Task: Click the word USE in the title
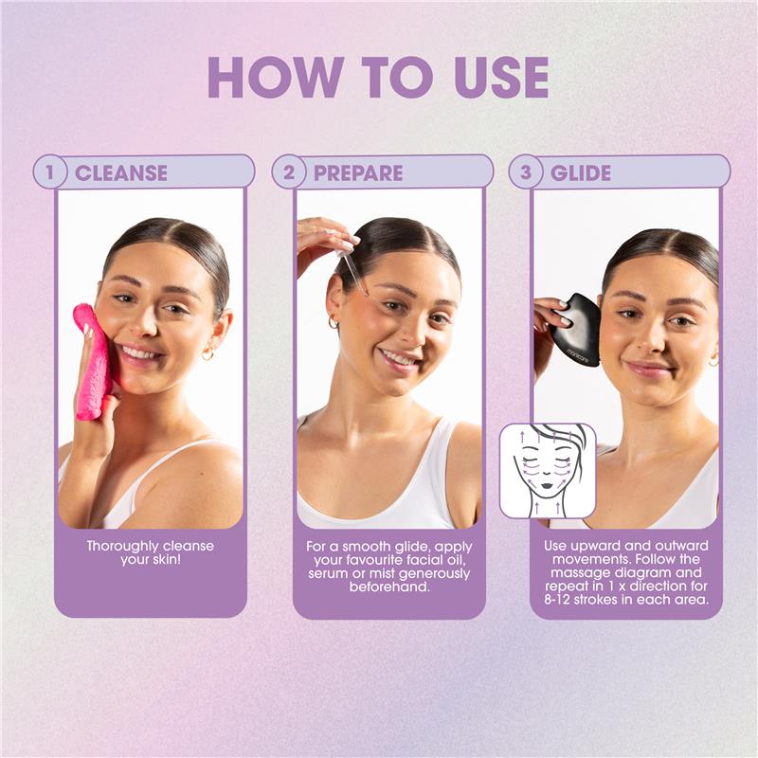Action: pos(501,78)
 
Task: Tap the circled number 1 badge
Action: pos(49,172)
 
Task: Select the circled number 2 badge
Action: pos(289,172)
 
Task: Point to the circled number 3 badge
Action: pos(526,172)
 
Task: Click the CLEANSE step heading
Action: pos(121,173)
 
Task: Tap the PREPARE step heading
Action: pos(358,173)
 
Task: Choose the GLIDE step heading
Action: pos(581,173)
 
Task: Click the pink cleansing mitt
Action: pos(93,361)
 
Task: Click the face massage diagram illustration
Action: pos(548,471)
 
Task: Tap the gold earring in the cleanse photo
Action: pos(208,353)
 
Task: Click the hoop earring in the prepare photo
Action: pos(334,322)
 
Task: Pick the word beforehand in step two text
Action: pos(389,587)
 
